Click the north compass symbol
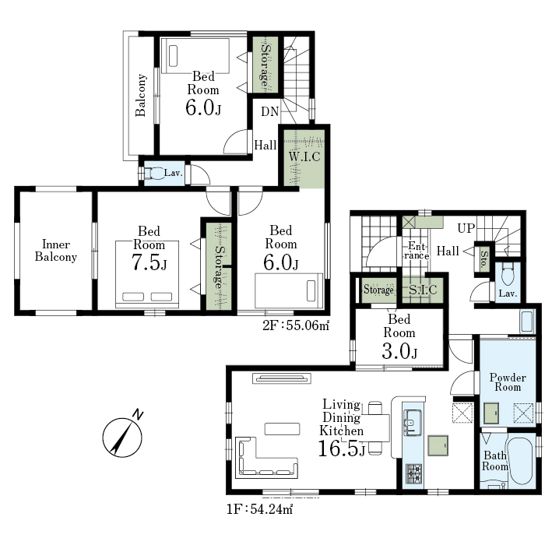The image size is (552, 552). (x=122, y=436)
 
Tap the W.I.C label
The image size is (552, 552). (x=304, y=156)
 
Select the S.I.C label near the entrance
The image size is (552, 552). (x=423, y=290)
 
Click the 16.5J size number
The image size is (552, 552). (x=341, y=448)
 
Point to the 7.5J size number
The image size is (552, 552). (x=149, y=262)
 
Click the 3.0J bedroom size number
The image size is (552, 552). (x=399, y=350)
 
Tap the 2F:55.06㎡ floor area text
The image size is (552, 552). (x=296, y=325)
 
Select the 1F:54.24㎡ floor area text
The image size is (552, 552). (x=259, y=509)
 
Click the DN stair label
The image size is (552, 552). (x=270, y=111)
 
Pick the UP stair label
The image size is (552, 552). (x=466, y=228)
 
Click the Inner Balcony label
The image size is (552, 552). (x=55, y=250)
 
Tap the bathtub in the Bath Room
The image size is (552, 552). (x=521, y=460)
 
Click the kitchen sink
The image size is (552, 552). (x=412, y=422)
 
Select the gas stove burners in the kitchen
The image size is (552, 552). (x=413, y=474)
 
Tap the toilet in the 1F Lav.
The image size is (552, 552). (x=508, y=275)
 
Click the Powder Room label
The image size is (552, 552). (x=508, y=382)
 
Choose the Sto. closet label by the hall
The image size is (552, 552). (x=483, y=259)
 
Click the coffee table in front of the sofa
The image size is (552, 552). (x=283, y=429)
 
